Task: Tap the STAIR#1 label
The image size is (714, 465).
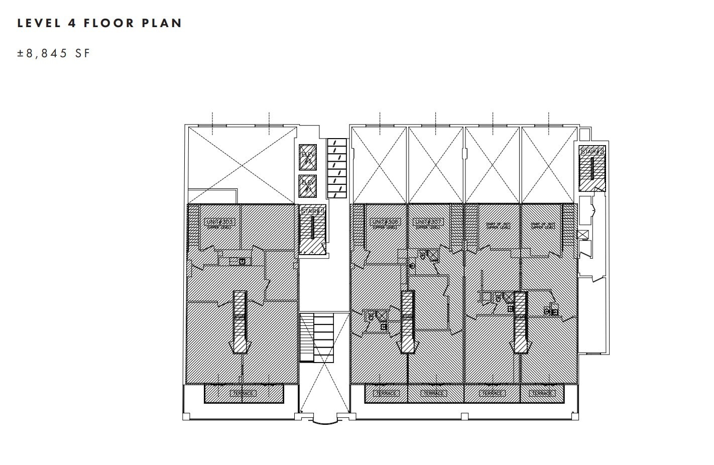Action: point(312,212)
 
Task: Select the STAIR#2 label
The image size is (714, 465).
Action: point(591,152)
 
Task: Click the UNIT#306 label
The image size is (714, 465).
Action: point(385,221)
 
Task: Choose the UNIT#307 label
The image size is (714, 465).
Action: point(428,221)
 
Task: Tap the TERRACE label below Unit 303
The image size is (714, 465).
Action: point(243,393)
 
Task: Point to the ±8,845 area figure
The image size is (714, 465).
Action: point(42,53)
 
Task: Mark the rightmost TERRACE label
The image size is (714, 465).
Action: point(542,393)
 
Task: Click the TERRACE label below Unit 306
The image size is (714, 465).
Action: point(385,393)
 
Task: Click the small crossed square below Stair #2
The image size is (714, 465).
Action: point(582,235)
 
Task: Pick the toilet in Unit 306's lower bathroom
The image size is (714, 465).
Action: point(371,316)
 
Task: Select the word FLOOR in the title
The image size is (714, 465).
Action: point(109,23)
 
